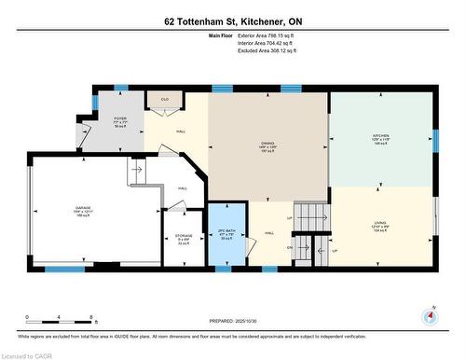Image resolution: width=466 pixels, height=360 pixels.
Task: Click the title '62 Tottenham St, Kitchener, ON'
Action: (x=232, y=21)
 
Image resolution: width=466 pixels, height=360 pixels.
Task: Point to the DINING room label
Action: (x=267, y=145)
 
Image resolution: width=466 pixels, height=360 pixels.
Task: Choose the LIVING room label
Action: (x=380, y=224)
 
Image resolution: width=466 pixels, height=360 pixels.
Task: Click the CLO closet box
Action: (x=164, y=99)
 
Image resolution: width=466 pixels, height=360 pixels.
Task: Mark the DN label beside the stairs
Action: (x=291, y=247)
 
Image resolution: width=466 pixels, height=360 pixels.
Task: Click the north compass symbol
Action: (x=429, y=315)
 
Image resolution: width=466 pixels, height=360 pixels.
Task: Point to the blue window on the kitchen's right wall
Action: (x=435, y=140)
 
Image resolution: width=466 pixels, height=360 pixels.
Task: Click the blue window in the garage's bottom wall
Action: (x=65, y=270)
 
